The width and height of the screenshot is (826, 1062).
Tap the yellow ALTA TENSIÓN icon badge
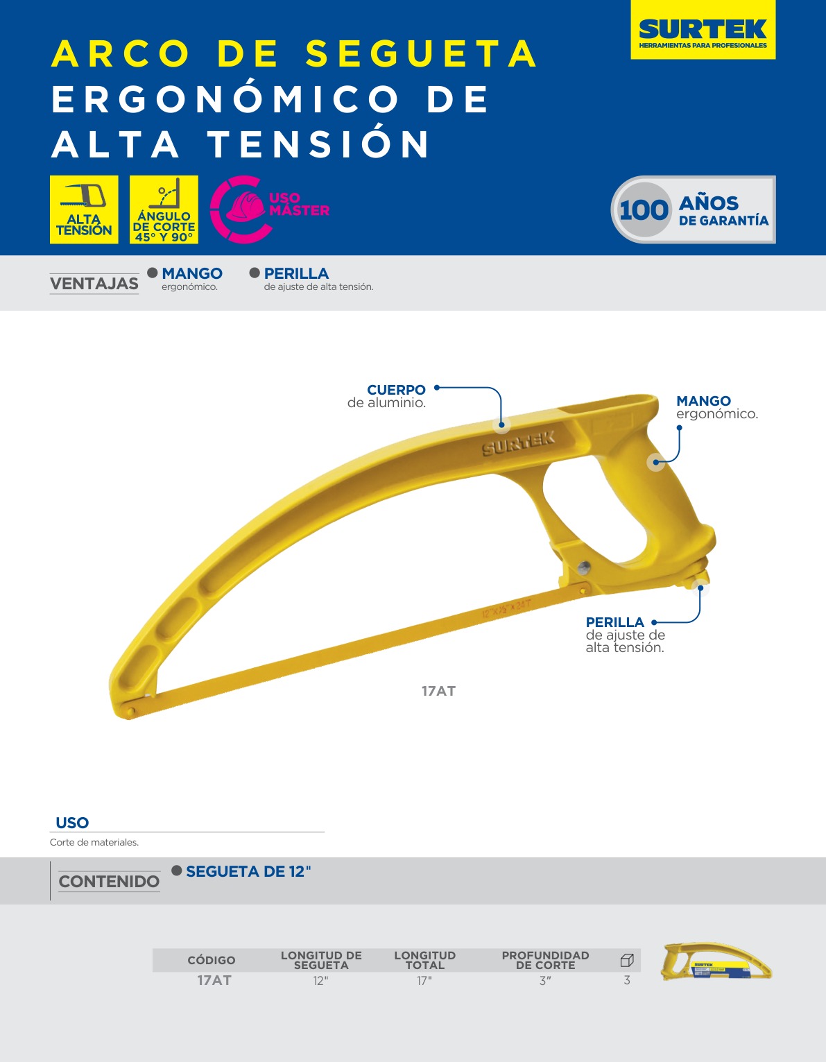(x=84, y=209)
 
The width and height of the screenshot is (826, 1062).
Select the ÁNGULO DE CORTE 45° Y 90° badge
(x=164, y=209)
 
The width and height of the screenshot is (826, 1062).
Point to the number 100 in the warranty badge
(x=644, y=209)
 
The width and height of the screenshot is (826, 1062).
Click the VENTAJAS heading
(x=94, y=284)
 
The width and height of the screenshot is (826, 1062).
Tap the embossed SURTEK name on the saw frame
(x=518, y=443)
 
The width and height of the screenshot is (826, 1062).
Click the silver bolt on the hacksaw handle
(x=583, y=567)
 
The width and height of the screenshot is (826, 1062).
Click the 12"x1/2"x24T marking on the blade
(x=506, y=608)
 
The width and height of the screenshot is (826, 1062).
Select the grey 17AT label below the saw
(x=438, y=691)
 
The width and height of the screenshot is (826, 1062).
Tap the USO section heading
(x=72, y=823)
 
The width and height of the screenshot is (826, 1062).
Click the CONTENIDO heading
(x=109, y=881)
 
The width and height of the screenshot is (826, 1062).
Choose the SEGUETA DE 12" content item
(x=248, y=871)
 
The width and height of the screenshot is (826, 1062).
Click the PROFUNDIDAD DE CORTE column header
(x=545, y=960)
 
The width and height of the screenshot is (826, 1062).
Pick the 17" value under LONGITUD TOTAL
(x=424, y=981)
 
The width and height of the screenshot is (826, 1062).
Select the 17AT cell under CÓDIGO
(x=214, y=980)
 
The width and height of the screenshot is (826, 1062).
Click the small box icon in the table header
(x=627, y=960)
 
